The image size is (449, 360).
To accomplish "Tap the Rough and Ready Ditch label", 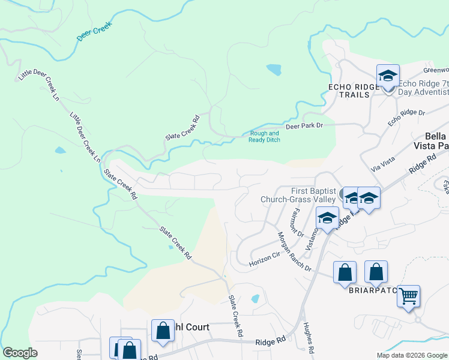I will point(264,136).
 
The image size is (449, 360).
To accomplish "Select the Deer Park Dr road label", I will point(304,126).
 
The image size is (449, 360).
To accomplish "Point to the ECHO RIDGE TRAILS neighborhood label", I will point(354,91).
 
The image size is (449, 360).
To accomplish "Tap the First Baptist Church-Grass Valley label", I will point(298,195).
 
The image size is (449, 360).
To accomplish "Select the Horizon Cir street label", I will point(265,259).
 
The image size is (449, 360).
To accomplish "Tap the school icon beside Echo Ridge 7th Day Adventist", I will point(388,76).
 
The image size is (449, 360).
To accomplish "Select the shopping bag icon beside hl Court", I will point(163,330).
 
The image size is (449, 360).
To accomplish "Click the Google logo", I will point(20,353).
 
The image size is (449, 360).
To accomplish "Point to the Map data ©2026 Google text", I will point(411,355).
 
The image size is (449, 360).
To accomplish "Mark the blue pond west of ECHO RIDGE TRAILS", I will point(274,70).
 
